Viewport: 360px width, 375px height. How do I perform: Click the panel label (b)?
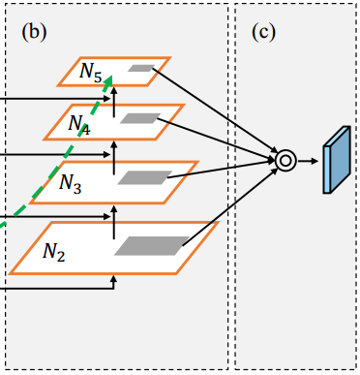coord(34,31)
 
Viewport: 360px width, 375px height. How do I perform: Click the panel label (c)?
coord(264,31)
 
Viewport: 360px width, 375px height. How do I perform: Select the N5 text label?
coord(89,72)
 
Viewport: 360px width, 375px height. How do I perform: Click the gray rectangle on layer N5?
coord(141,69)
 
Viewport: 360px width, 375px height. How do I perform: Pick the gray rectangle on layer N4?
coord(139,118)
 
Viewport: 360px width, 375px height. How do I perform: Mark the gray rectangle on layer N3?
coord(139,177)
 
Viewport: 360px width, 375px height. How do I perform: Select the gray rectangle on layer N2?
coord(152,246)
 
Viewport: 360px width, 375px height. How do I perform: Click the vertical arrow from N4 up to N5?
coord(114,94)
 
